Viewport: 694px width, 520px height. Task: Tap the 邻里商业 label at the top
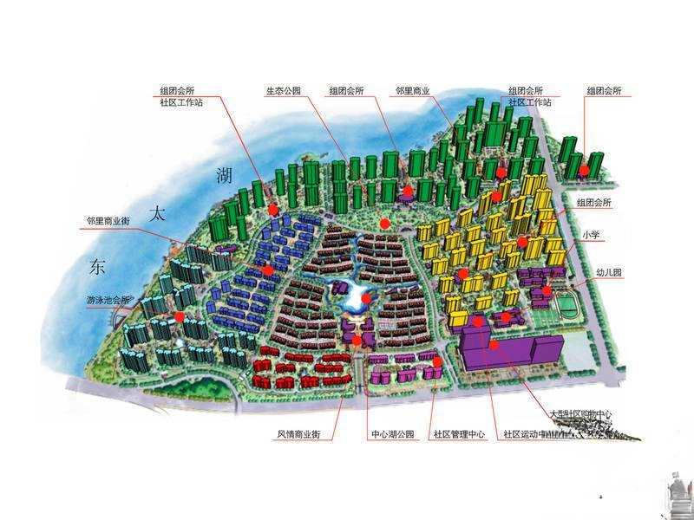pos(413,90)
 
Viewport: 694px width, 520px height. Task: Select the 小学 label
pos(592,234)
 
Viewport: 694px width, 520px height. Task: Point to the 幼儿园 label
pos(609,272)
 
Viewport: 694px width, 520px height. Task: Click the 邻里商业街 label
pos(108,221)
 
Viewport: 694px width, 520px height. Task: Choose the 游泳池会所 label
pos(108,300)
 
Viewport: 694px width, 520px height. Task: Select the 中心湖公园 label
pos(387,433)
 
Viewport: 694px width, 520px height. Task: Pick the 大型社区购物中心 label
pos(581,415)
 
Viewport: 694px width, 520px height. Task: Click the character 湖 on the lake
pos(224,176)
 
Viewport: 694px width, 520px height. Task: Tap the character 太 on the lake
pos(157,213)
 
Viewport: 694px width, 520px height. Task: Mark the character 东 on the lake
pos(95,267)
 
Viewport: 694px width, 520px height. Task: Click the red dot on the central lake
pos(367,299)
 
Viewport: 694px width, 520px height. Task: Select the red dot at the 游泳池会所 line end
pos(179,317)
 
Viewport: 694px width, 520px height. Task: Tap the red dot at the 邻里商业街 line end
pos(269,271)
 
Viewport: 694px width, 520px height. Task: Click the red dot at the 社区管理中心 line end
pos(438,362)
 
